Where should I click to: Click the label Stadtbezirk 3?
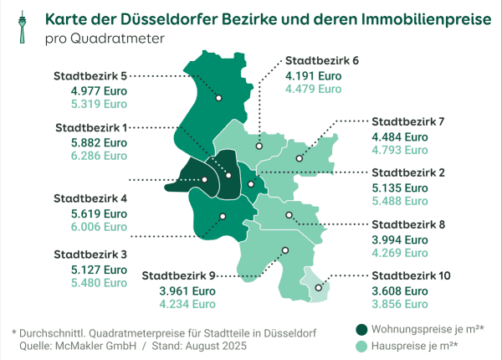(90, 254)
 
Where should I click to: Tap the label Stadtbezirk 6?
(322, 61)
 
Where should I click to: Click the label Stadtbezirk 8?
(408, 224)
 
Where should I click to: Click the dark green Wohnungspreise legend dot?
(361, 329)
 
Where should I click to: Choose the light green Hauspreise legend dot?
(361, 345)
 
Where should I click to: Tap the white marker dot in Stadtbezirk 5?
(219, 98)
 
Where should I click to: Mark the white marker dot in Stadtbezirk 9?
(285, 249)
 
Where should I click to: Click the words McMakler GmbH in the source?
(90, 345)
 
